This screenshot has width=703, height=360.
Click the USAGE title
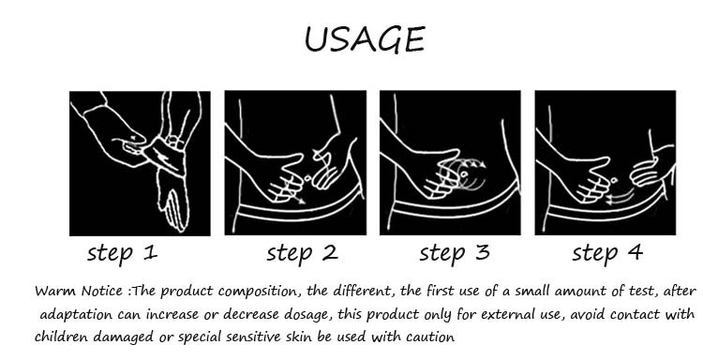(x=365, y=39)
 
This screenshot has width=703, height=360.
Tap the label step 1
(x=122, y=254)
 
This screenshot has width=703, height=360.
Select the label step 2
(x=302, y=254)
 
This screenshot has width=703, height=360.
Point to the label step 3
(x=455, y=254)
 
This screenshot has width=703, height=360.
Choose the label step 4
(x=607, y=254)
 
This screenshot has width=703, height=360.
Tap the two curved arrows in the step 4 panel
(x=621, y=197)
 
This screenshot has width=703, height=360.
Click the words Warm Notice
(x=79, y=292)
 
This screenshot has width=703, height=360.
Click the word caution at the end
(x=430, y=337)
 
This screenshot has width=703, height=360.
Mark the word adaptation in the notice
(x=76, y=315)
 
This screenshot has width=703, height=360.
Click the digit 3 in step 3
(x=482, y=252)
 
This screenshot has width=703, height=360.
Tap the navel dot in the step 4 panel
(x=614, y=180)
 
